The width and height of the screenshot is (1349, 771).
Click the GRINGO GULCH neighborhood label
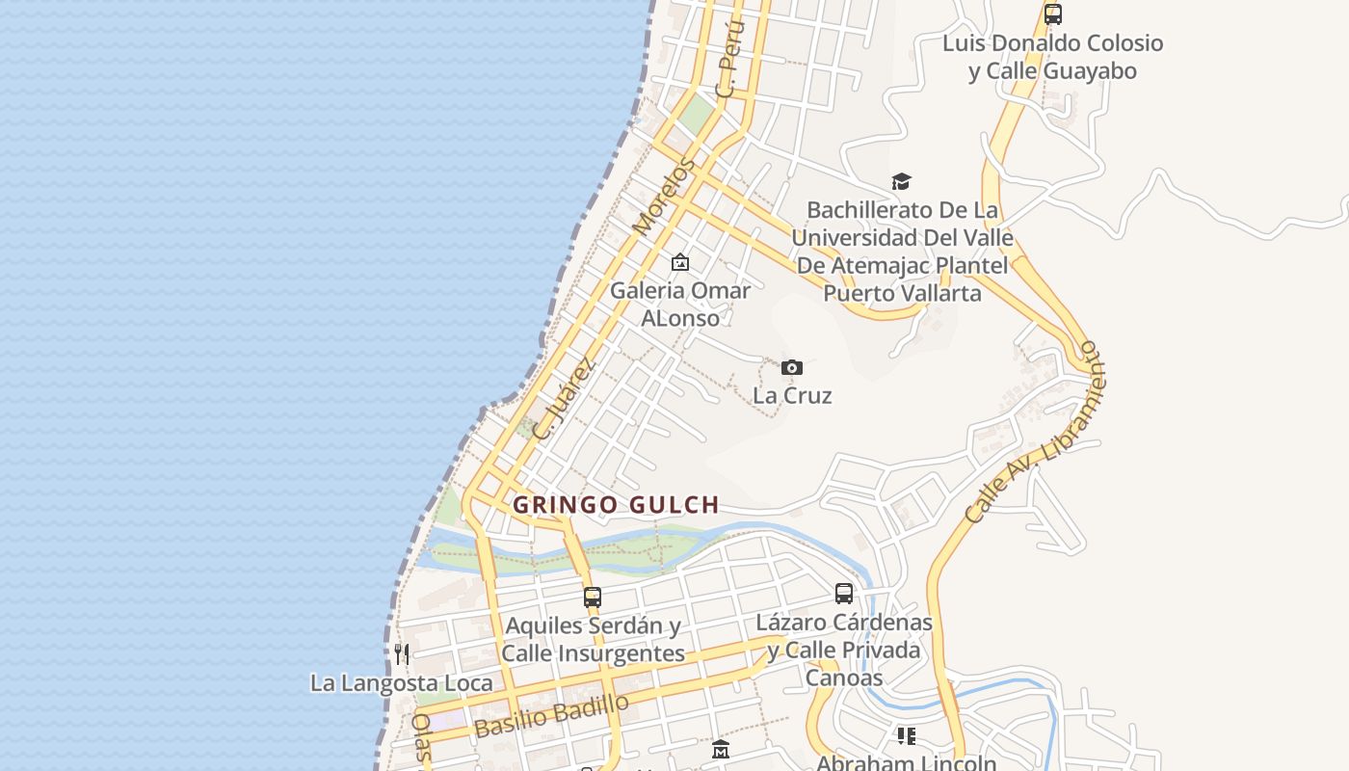click(x=616, y=504)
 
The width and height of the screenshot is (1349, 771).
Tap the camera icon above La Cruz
click(x=792, y=367)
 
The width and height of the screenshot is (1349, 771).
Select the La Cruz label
click(x=792, y=395)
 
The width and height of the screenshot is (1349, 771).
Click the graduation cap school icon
click(x=901, y=181)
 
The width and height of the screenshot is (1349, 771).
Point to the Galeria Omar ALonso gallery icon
click(x=680, y=262)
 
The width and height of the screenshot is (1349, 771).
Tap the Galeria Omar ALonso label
click(x=680, y=304)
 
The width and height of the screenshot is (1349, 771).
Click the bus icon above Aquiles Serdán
click(x=593, y=598)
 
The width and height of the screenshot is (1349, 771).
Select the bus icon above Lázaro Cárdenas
click(x=844, y=594)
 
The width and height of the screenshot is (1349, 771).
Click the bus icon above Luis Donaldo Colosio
click(x=1053, y=14)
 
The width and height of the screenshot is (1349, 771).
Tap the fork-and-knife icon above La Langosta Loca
click(x=402, y=654)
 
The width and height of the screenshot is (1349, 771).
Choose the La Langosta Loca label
click(x=401, y=683)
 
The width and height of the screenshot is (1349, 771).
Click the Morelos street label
click(x=664, y=198)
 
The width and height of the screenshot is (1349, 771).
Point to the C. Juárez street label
click(x=565, y=400)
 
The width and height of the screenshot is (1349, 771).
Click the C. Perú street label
click(x=732, y=61)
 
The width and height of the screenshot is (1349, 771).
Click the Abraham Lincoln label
click(x=906, y=762)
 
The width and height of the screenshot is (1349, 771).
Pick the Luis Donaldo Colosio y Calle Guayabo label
click(x=1052, y=57)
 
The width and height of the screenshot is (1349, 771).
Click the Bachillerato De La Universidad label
click(x=902, y=251)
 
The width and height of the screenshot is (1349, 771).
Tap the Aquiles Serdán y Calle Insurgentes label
click(x=593, y=639)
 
